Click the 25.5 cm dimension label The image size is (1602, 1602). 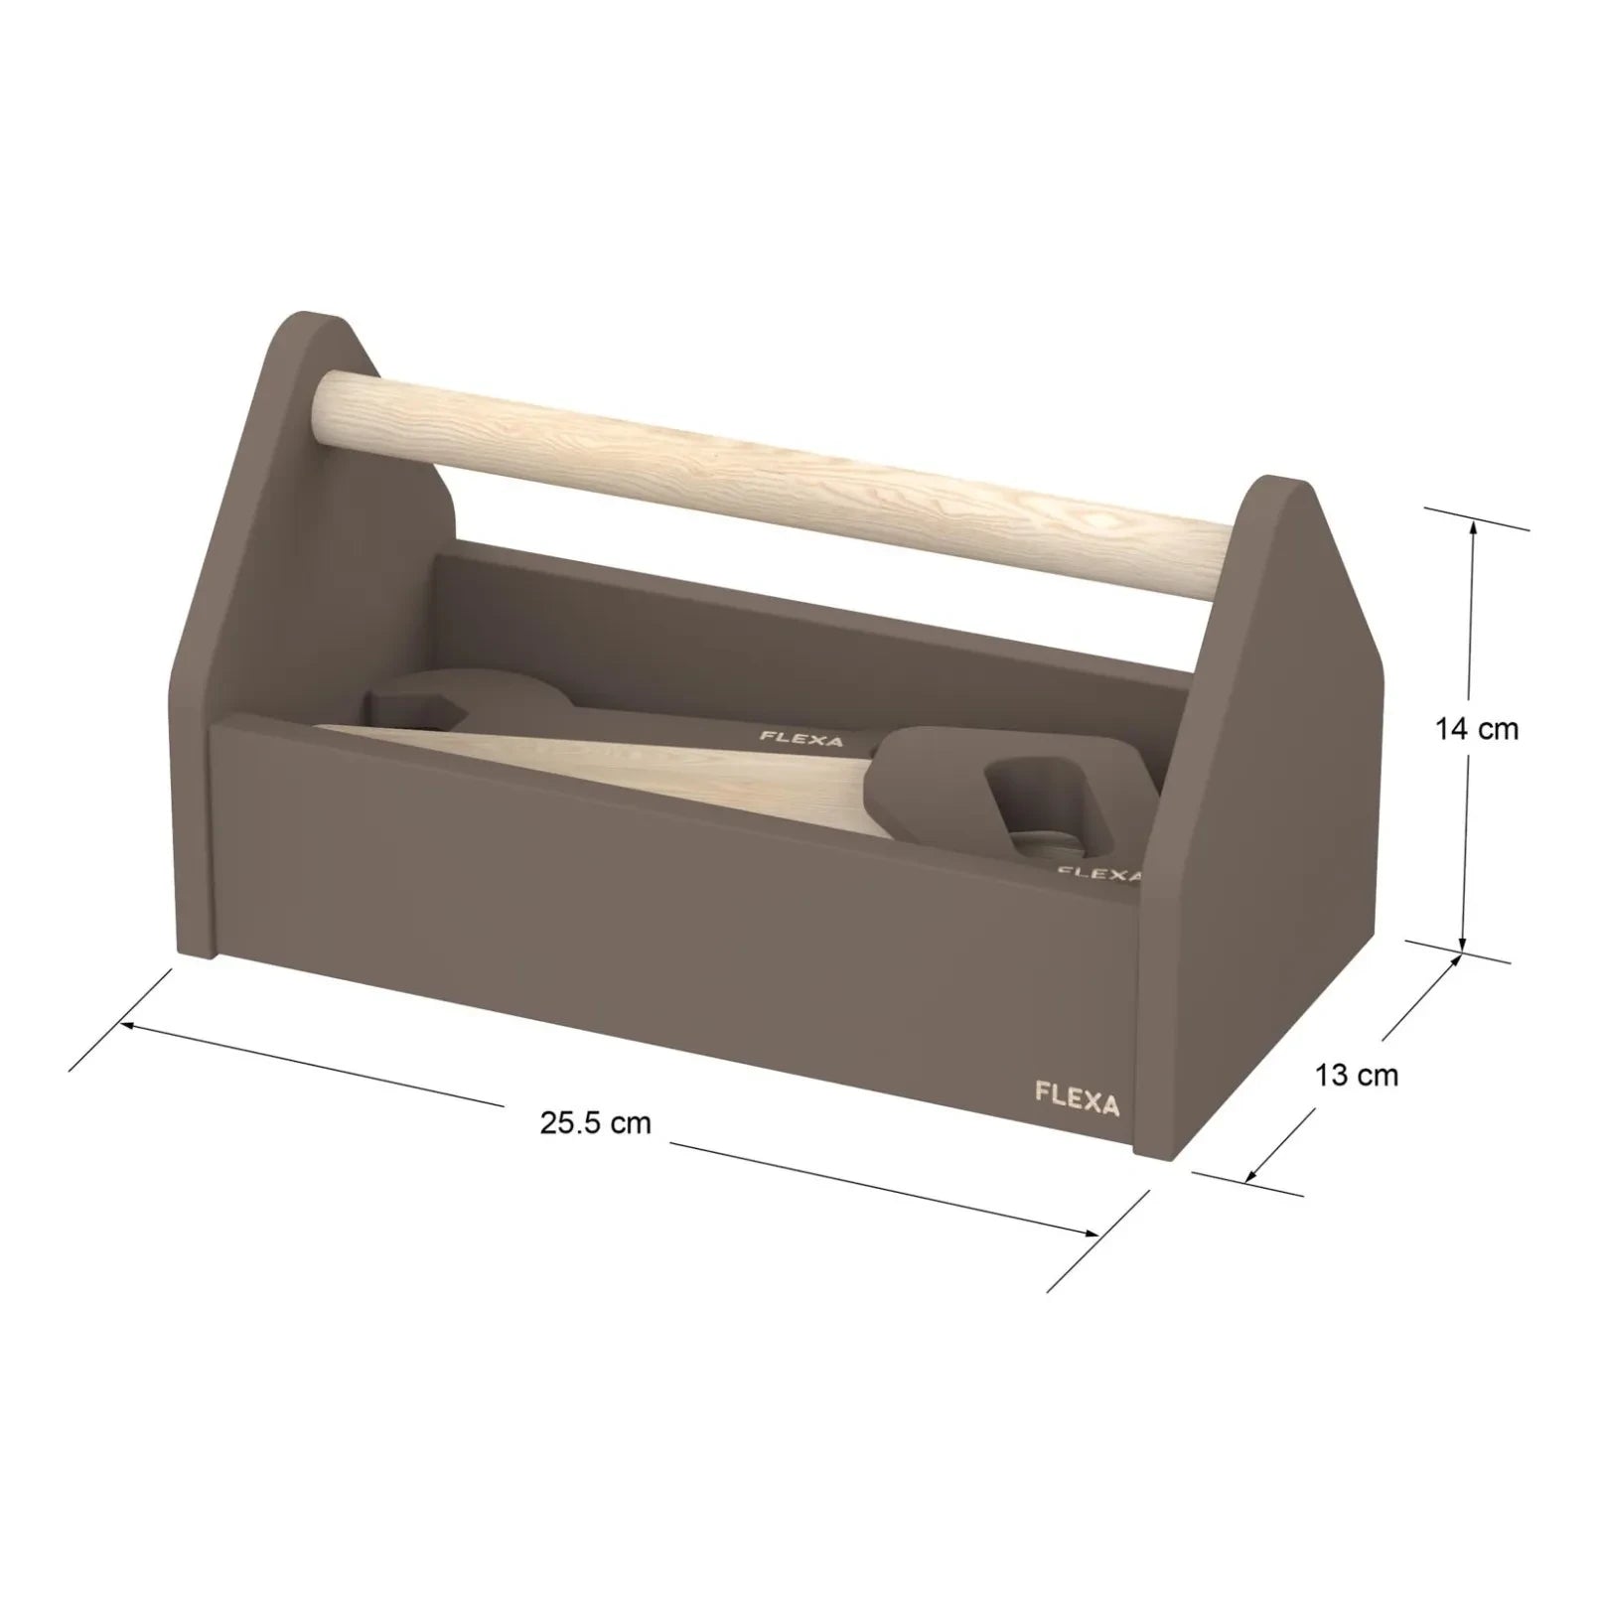click(x=596, y=1123)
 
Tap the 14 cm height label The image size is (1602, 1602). click(x=1476, y=729)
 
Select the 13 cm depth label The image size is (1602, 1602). click(x=1356, y=1075)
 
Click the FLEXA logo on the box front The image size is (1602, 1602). click(x=1077, y=1103)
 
